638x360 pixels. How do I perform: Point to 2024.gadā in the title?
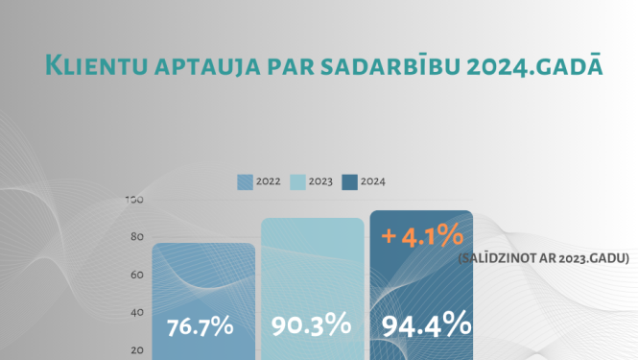coord(524,65)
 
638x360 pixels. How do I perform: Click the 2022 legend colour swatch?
coord(246,181)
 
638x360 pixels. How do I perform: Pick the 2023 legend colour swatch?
coord(298,181)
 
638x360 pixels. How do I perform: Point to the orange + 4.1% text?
coord(423,234)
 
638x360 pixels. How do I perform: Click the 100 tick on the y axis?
coord(134,200)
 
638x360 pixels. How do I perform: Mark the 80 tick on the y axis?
coord(136,237)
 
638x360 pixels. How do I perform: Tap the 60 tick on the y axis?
coord(136,275)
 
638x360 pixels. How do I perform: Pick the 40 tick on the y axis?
coord(136,312)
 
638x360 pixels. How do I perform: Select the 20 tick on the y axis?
coord(136,349)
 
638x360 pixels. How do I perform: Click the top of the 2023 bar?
coord(313,219)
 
